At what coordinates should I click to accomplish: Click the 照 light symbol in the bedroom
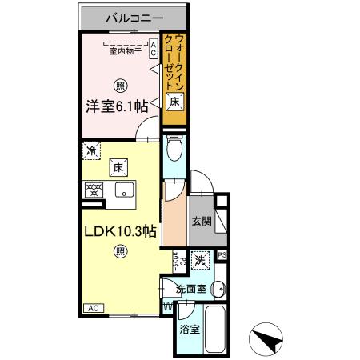point(120,86)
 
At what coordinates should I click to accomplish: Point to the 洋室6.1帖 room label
point(117,106)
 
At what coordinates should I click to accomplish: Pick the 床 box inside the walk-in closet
point(174,100)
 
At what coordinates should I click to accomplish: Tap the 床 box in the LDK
point(117,168)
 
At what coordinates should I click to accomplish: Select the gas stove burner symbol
point(94,190)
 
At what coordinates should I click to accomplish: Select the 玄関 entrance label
point(201,222)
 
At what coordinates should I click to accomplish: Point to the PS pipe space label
point(222,255)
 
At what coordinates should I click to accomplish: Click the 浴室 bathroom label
point(189,330)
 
